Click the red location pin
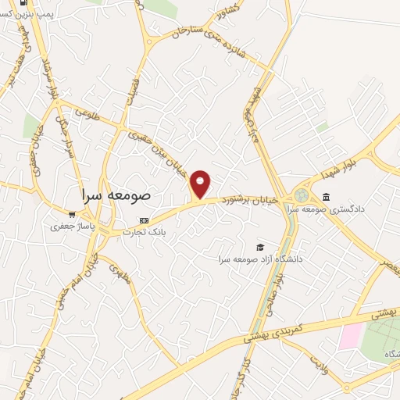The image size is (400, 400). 201,184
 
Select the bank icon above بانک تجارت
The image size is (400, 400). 143,220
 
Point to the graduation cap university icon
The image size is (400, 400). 260,247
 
